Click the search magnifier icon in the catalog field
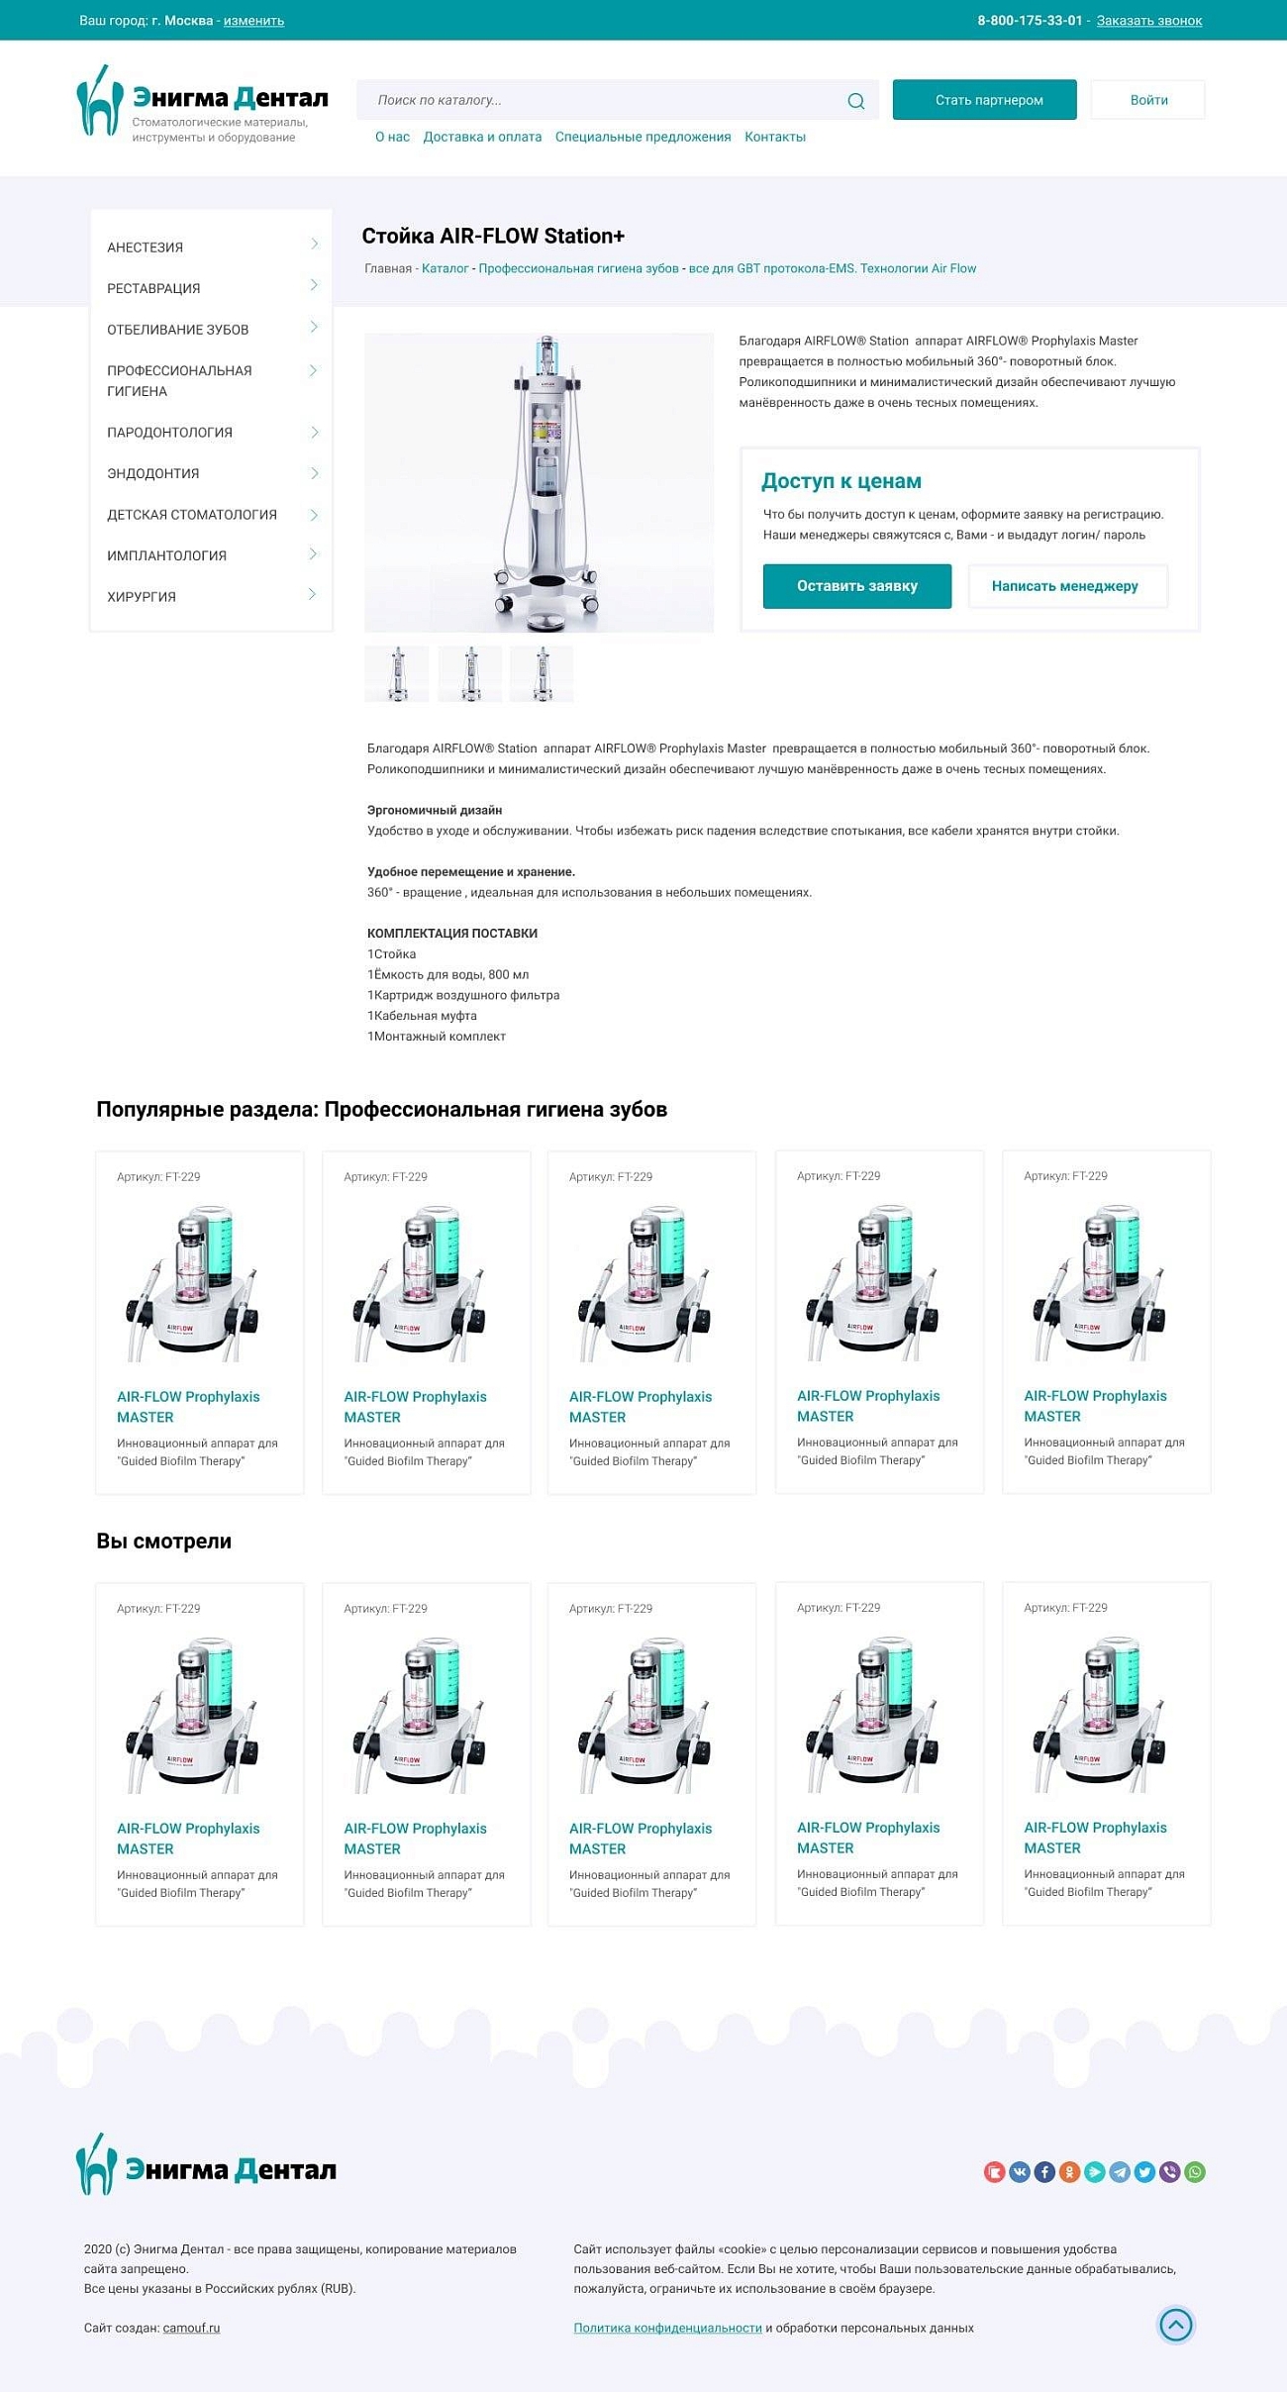coord(855,101)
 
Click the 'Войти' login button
coord(1148,100)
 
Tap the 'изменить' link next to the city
coord(253,21)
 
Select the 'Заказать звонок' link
coord(1148,21)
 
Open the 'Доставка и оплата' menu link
coord(482,138)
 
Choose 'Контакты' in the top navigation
coord(774,138)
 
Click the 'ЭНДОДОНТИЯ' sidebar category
coord(153,474)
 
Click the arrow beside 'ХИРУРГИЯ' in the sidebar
coord(313,595)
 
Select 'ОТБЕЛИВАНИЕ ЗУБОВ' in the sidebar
coord(178,330)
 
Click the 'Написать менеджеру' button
coord(1065,586)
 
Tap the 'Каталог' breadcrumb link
coord(445,269)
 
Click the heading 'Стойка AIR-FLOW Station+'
coord(493,237)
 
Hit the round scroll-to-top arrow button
coord(1175,2325)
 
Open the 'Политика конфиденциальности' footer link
coord(667,2329)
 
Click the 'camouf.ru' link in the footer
coord(191,2329)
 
